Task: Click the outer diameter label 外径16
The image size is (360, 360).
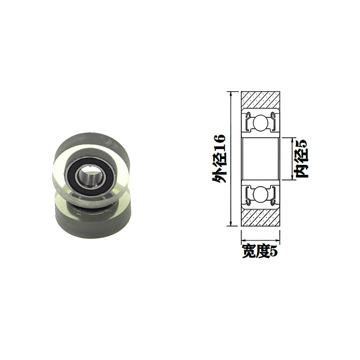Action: tap(219, 159)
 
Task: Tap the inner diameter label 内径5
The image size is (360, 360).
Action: tap(302, 159)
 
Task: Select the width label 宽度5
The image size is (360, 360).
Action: tap(260, 251)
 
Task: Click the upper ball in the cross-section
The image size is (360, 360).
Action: tap(260, 122)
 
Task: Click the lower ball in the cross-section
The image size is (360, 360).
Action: tap(260, 194)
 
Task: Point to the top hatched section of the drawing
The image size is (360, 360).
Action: tap(260, 100)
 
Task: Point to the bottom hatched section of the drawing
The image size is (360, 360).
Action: tap(260, 217)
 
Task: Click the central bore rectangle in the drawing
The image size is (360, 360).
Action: tap(260, 159)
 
